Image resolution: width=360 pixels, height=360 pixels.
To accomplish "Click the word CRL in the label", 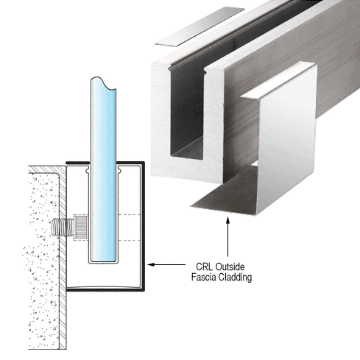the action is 204,267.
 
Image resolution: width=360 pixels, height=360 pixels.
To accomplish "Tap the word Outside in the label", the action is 230,267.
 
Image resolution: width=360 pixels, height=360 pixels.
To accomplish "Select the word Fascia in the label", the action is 204,277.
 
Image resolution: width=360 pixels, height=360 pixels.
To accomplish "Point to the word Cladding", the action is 235,278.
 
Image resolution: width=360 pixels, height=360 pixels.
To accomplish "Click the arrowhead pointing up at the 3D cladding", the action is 227,220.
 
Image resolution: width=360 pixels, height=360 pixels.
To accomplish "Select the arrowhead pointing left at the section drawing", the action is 151,264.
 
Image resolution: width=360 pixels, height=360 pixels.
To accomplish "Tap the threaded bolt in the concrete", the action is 63,227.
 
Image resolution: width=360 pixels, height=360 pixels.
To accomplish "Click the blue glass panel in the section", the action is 103,172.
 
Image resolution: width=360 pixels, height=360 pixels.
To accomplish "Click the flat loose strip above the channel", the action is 200,27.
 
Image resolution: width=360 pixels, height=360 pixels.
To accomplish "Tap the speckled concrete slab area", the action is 43,258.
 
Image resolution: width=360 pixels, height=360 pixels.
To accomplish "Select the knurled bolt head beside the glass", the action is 81,227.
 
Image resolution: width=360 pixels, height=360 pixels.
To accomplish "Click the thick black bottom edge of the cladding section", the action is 105,290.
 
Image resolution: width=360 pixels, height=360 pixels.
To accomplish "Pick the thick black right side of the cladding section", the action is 143,226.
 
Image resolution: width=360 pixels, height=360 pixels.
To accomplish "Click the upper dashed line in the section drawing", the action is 129,215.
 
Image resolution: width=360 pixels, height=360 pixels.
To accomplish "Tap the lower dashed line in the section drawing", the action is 129,240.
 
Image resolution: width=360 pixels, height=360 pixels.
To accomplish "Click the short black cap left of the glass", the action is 77,163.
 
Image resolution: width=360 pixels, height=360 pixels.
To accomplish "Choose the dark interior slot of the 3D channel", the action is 187,110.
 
